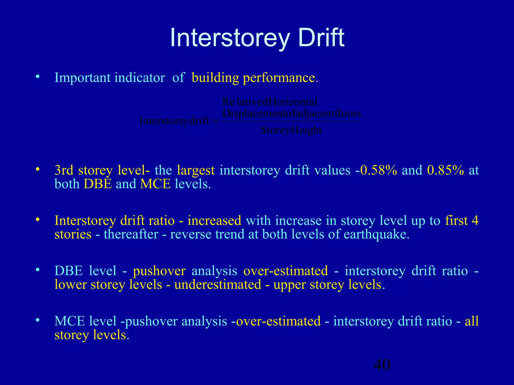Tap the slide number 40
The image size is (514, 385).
point(382,365)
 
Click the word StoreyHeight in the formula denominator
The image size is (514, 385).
point(291,130)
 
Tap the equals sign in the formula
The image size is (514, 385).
point(215,121)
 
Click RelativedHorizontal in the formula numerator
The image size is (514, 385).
point(270,102)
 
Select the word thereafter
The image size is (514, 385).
point(131,234)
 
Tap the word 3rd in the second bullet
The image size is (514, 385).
point(64,170)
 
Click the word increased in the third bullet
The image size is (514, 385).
point(214,221)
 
